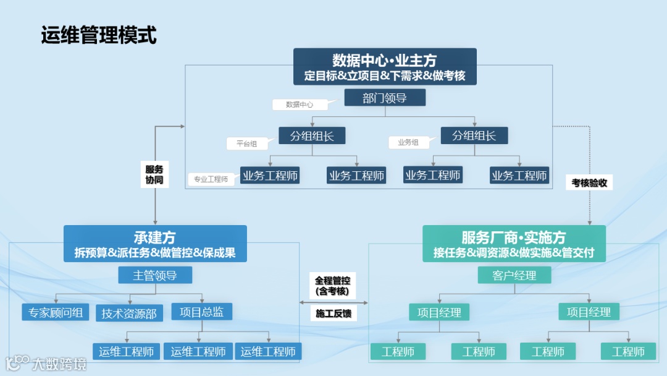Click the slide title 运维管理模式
tap(99, 35)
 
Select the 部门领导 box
tap(385, 98)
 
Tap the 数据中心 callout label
tap(300, 105)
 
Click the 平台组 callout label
tap(246, 143)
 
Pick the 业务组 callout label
tap(408, 142)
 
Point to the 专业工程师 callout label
tap(211, 179)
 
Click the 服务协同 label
tap(154, 174)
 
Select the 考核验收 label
tap(589, 182)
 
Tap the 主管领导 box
tap(155, 275)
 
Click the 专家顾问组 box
tap(56, 312)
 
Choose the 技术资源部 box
tap(129, 314)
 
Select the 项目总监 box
tap(202, 312)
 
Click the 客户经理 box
tap(514, 275)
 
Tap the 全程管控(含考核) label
tap(332, 286)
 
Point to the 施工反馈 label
tap(333, 314)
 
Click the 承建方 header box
tap(155, 244)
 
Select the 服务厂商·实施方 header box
tap(514, 244)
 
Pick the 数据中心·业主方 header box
tap(385, 67)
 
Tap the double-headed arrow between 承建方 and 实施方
tap(333, 302)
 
